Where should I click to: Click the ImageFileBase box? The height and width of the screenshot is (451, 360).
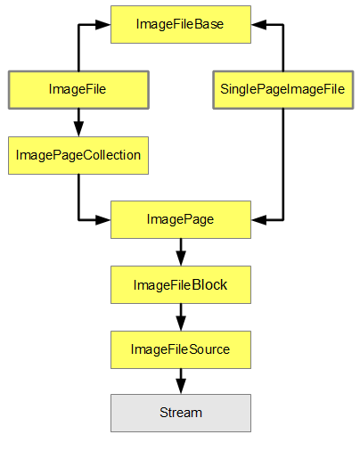click(x=180, y=24)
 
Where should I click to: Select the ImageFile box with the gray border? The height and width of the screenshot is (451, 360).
click(x=78, y=89)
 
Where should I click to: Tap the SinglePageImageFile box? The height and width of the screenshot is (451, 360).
click(x=282, y=89)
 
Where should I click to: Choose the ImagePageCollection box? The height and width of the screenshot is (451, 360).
click(x=78, y=154)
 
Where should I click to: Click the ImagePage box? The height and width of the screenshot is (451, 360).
click(x=180, y=219)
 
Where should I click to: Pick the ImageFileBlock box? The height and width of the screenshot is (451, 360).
click(x=180, y=284)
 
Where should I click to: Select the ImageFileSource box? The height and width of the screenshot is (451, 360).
click(x=180, y=348)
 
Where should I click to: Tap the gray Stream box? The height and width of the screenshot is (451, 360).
click(x=180, y=413)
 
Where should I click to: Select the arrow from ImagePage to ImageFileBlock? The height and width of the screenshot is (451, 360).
click(x=180, y=252)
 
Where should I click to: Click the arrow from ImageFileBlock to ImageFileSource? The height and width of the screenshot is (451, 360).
click(x=180, y=316)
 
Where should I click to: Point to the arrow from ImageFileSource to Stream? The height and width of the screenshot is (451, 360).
click(x=180, y=381)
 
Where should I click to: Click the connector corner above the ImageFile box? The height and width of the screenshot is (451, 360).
click(x=78, y=24)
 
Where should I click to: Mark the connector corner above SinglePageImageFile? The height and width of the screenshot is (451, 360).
click(x=282, y=24)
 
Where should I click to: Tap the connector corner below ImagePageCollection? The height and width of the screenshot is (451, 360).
click(x=78, y=219)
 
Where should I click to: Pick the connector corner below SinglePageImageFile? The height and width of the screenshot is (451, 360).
click(x=282, y=219)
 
